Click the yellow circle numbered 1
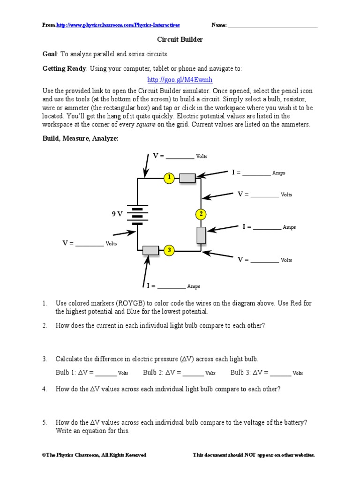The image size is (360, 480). (x=169, y=178)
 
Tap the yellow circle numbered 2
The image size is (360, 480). (x=201, y=214)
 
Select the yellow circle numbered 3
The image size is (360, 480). (x=169, y=250)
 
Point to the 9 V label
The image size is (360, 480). (x=117, y=214)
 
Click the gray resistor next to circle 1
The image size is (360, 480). (x=187, y=178)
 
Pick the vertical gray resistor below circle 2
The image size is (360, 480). (x=201, y=235)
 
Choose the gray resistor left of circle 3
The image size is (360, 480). (x=150, y=250)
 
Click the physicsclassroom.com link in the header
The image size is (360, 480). (x=118, y=25)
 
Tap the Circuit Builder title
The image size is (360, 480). (x=180, y=40)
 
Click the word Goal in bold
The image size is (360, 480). (x=50, y=54)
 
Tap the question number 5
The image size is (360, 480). (x=45, y=422)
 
